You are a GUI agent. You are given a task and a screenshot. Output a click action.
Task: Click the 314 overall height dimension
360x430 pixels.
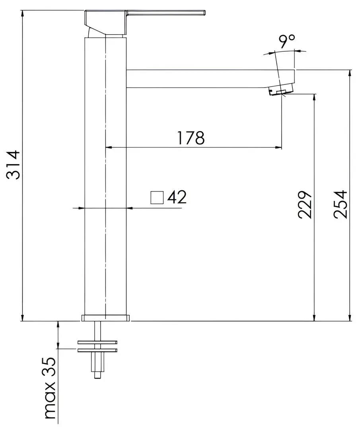click(x=14, y=165)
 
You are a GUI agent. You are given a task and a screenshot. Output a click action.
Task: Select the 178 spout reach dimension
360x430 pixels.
click(x=191, y=138)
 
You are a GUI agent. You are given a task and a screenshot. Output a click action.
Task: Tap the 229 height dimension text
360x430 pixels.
click(x=305, y=205)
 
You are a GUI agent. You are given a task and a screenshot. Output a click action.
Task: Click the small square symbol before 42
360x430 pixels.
click(x=157, y=197)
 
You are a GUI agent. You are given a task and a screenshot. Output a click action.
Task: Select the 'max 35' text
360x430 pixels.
click(x=50, y=388)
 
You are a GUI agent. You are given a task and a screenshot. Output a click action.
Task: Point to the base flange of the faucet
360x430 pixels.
click(x=105, y=318)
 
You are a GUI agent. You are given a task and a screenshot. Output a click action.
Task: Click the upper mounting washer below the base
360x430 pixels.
click(x=97, y=342)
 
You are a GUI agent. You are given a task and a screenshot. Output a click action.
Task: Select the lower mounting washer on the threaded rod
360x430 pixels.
click(x=97, y=350)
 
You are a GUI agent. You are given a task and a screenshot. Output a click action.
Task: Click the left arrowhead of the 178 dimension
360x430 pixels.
click(x=108, y=148)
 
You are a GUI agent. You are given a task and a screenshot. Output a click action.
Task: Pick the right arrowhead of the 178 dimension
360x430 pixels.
click(x=278, y=148)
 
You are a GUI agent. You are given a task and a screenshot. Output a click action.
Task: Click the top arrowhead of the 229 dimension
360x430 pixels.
click(x=315, y=98)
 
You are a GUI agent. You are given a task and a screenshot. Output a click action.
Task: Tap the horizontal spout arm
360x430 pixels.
click(x=199, y=78)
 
